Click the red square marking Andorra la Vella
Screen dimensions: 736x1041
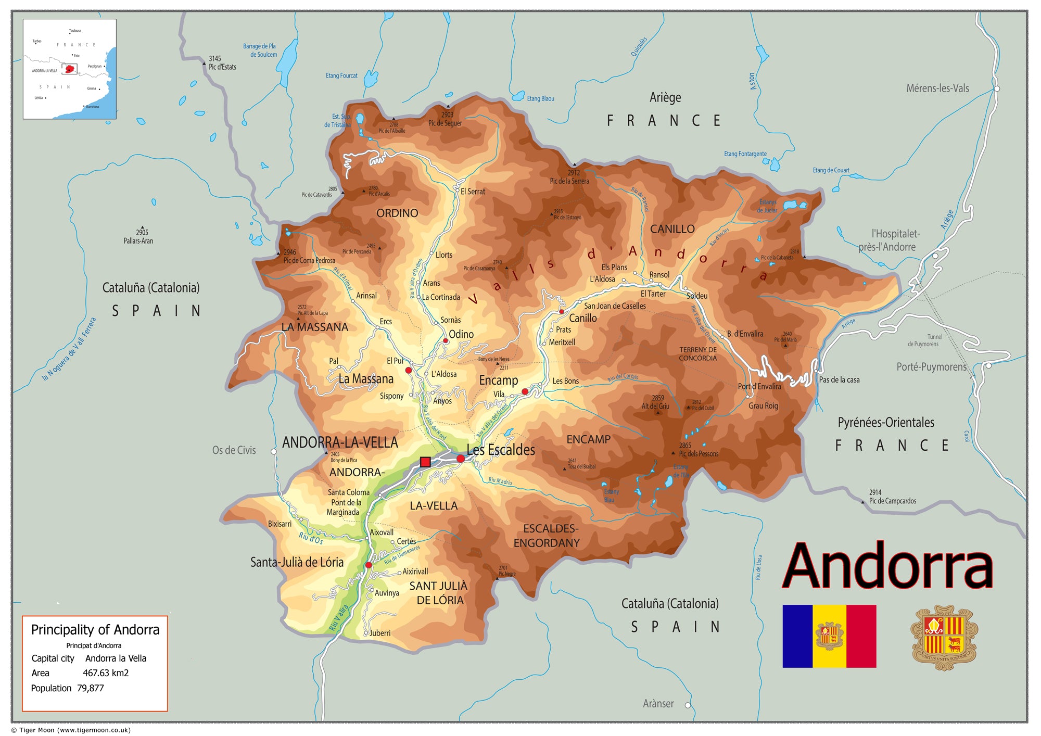coord(425,462)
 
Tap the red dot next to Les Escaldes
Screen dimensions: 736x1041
coord(461,459)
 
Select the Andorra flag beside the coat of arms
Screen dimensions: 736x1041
coord(829,636)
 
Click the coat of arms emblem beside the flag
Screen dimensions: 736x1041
coord(944,637)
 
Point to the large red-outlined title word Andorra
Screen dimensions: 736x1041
coord(888,566)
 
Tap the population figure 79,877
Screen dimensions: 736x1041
coord(91,688)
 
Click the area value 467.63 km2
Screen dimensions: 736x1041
coord(106,673)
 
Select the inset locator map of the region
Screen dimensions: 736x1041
coord(70,69)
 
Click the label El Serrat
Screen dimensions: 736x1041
coord(473,192)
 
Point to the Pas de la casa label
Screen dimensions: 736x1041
coord(839,380)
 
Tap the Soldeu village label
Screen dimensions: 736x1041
coord(697,296)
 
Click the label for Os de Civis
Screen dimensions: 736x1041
coord(234,450)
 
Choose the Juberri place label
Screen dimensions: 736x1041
coord(380,633)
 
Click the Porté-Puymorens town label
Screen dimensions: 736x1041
coord(931,367)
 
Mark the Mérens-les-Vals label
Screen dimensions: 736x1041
coord(937,88)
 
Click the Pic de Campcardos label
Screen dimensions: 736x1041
coord(892,501)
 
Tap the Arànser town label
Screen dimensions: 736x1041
coord(658,704)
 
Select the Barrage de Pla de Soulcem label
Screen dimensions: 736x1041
coord(260,50)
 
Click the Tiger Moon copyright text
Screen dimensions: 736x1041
coord(71,730)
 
